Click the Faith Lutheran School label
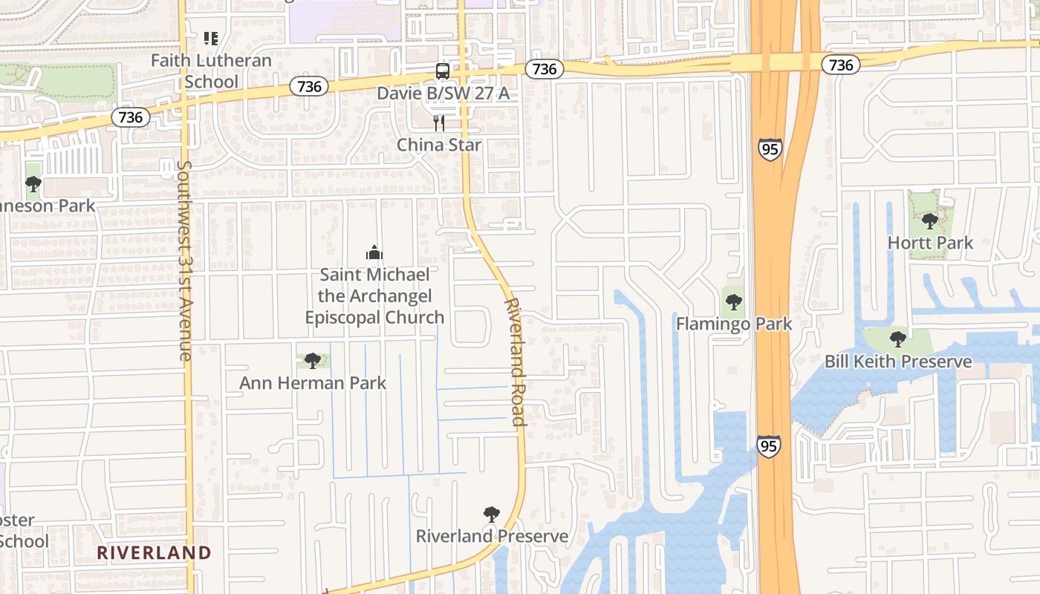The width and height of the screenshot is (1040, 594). coord(211,71)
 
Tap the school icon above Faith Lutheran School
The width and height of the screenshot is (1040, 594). coord(211,38)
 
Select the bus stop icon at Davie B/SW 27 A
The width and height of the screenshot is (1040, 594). coord(442,71)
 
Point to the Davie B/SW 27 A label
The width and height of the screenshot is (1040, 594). coord(443,93)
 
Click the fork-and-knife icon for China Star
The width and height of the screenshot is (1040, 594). coord(439,123)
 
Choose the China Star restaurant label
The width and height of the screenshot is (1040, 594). coord(439,144)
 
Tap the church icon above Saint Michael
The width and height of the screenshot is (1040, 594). coord(374,252)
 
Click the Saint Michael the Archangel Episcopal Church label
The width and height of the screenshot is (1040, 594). coord(374,296)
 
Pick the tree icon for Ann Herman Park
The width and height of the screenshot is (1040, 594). coord(313,361)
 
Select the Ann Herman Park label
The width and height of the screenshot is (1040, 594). coord(313,383)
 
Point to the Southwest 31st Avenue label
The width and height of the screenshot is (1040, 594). coord(184,260)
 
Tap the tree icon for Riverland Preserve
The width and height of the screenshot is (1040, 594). coord(491,514)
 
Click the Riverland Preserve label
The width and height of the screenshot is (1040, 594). coord(492,536)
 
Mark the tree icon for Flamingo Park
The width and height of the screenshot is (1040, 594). coord(734,302)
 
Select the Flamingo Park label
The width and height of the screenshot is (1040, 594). coord(734,324)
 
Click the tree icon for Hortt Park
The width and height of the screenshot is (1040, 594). coord(929,221)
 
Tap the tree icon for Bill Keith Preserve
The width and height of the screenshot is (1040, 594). coord(898,339)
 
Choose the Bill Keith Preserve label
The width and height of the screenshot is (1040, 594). coord(898,362)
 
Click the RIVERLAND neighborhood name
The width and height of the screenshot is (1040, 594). coord(154,552)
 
